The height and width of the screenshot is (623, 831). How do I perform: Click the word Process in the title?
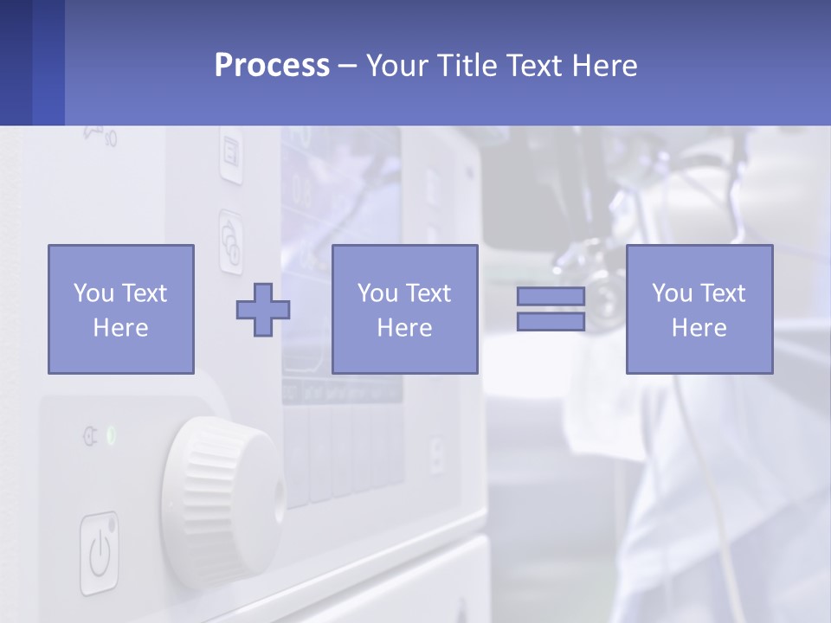(272, 66)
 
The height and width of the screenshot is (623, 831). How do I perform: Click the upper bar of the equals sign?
(551, 297)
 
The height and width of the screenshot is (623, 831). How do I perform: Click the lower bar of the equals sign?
(551, 322)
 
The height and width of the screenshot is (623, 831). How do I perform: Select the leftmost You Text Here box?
(120, 309)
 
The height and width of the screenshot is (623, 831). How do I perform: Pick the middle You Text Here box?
(404, 309)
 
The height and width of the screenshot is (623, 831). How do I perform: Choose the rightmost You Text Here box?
(699, 309)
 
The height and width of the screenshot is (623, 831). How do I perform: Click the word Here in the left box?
(120, 328)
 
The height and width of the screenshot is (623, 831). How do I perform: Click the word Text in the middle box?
(428, 293)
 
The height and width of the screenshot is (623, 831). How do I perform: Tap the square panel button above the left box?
(230, 157)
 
